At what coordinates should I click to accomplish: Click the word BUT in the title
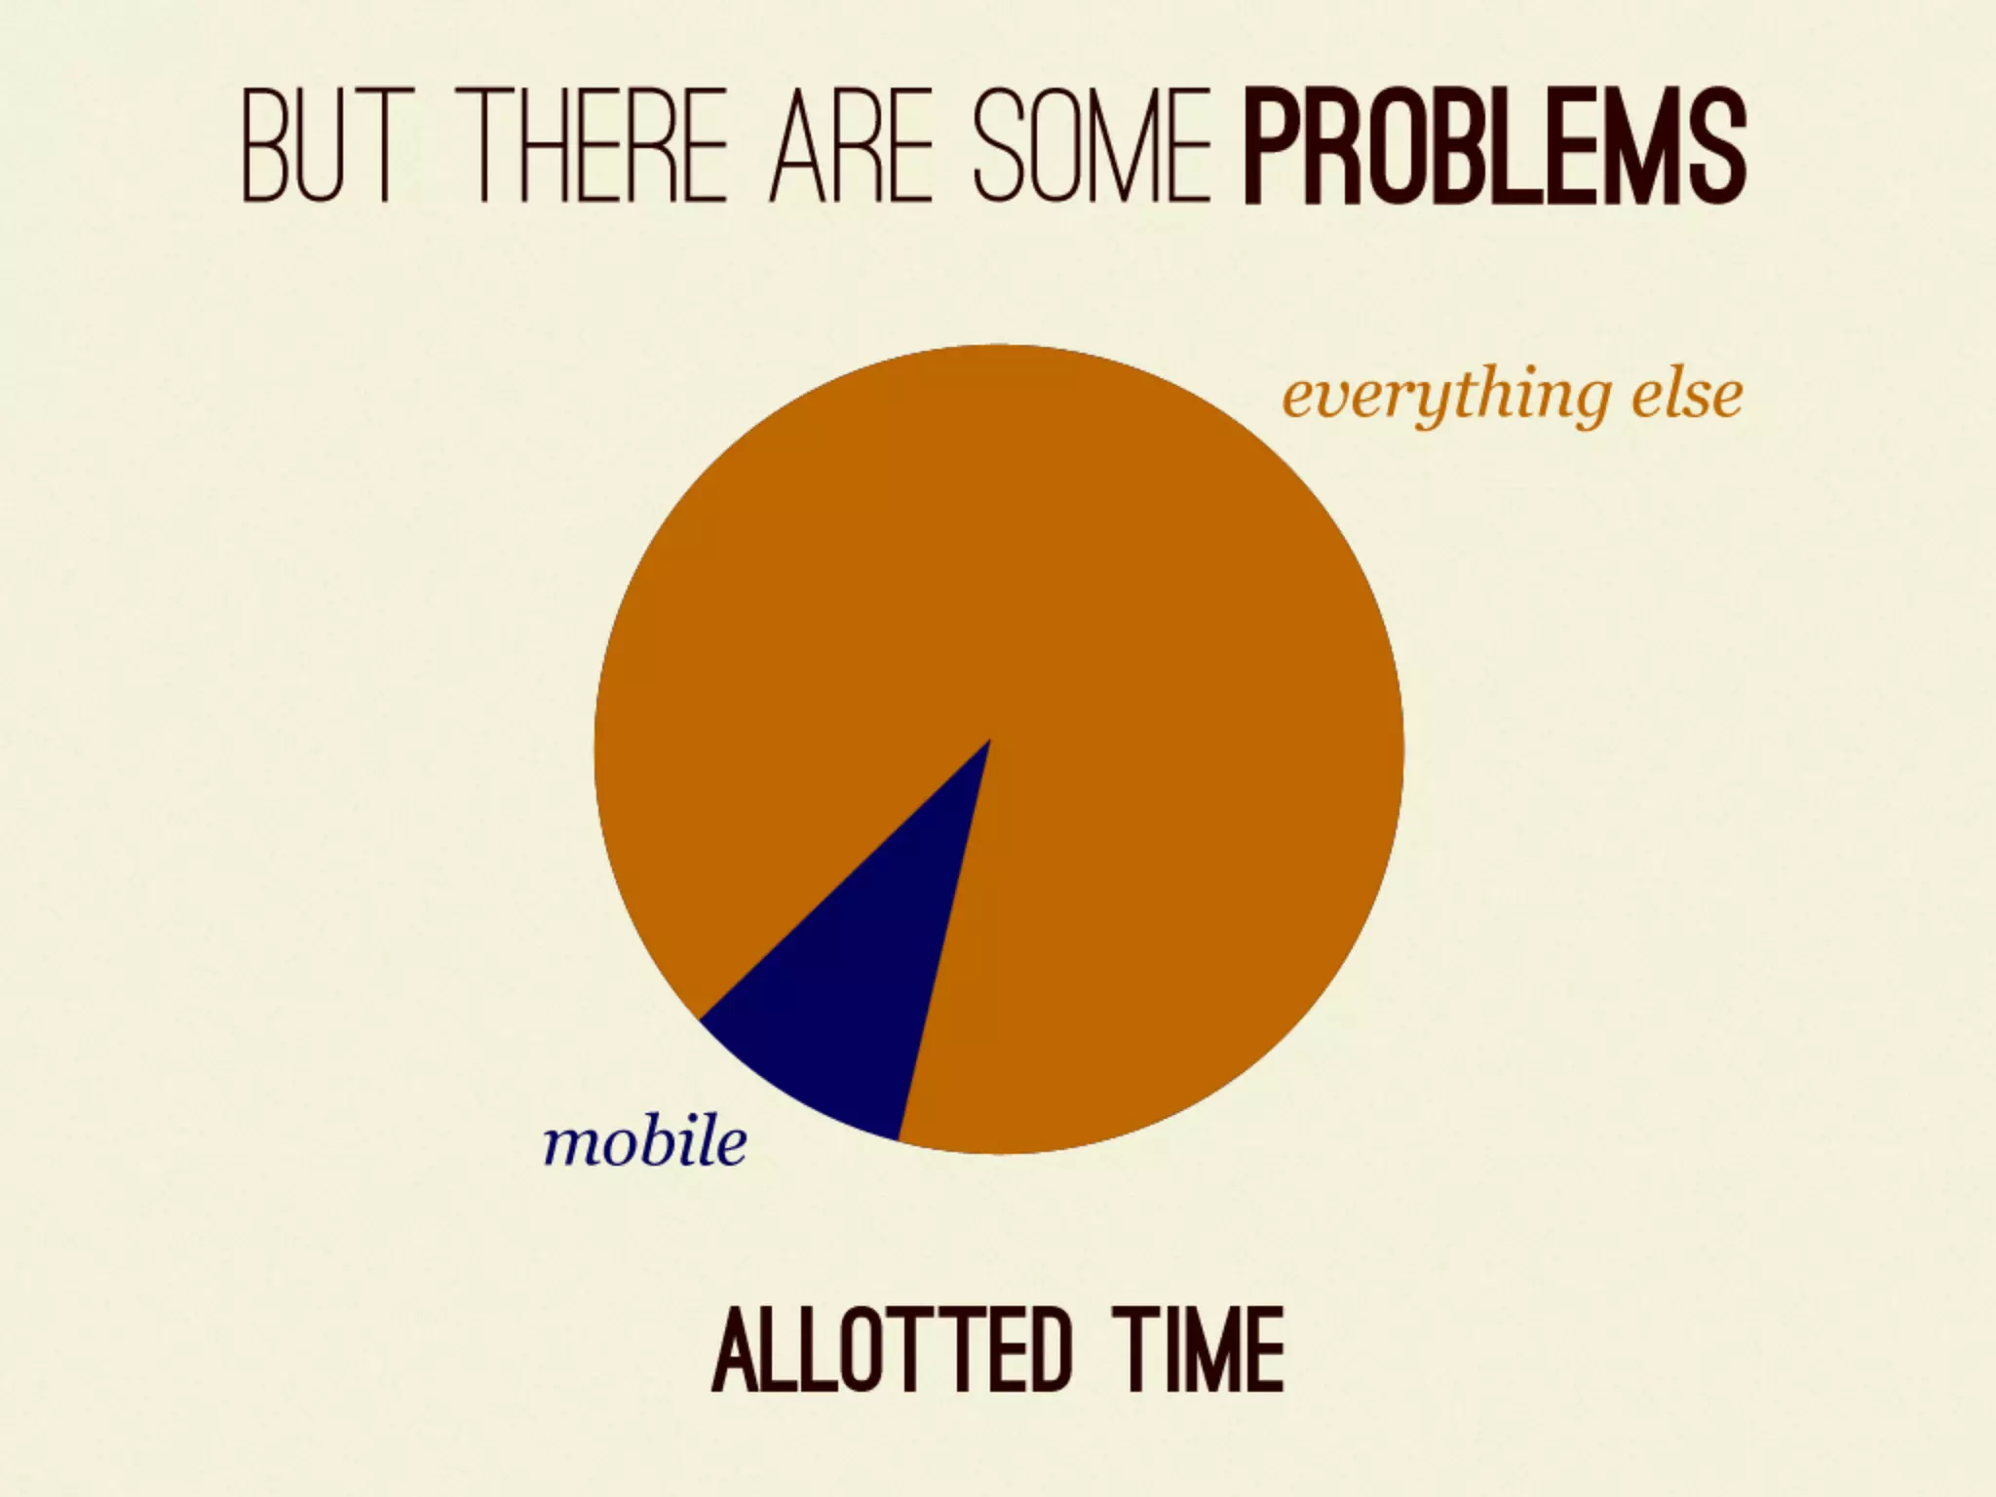[x=318, y=146]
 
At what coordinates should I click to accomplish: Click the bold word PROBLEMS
[x=1494, y=146]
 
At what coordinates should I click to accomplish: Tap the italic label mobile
[x=645, y=1141]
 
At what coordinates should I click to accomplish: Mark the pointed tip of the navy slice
[x=988, y=743]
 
